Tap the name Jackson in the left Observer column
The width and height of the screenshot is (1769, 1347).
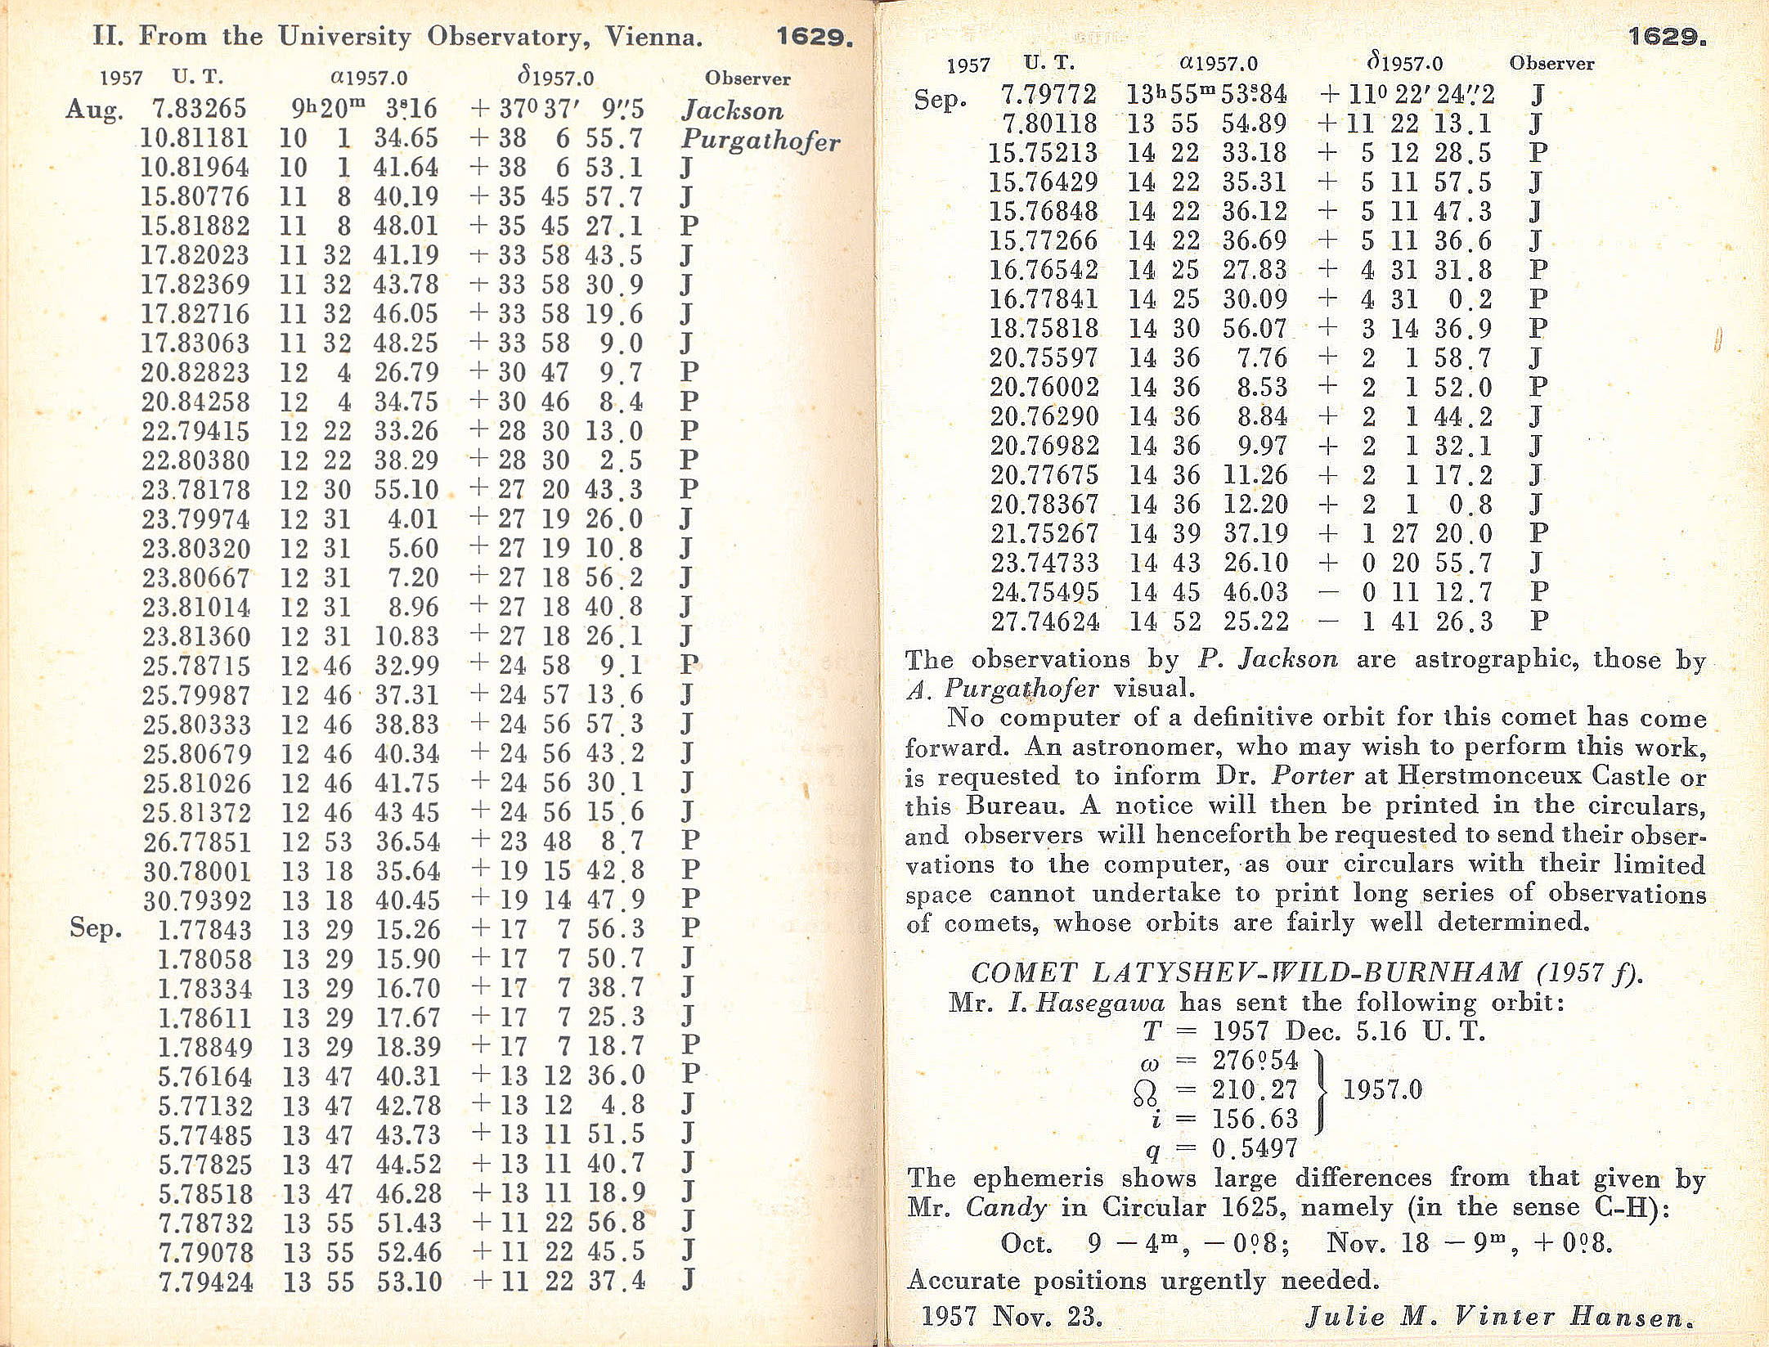[x=731, y=110]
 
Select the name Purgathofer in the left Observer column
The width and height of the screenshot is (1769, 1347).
[x=760, y=141]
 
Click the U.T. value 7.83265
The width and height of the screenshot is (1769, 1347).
[x=199, y=108]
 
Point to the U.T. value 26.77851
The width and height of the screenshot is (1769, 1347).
[x=196, y=842]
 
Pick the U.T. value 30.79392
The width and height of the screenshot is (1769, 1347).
[x=196, y=900]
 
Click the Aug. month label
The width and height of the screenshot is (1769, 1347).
[x=94, y=109]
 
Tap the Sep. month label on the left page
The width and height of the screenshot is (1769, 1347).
[x=96, y=928]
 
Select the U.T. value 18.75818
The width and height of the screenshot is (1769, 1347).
[x=1044, y=329]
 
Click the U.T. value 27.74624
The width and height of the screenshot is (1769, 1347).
[x=1044, y=622]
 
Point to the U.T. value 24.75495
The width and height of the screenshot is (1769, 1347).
[x=1044, y=592]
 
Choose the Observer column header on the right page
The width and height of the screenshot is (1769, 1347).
[x=1551, y=63]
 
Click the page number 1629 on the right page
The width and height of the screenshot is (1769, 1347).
[x=1666, y=37]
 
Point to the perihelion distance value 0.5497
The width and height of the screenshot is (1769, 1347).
[x=1255, y=1149]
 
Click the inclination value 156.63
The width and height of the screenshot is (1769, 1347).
[x=1255, y=1119]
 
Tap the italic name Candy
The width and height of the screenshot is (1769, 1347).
[x=1006, y=1207]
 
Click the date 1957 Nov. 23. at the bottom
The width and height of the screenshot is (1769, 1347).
[x=1012, y=1316]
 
